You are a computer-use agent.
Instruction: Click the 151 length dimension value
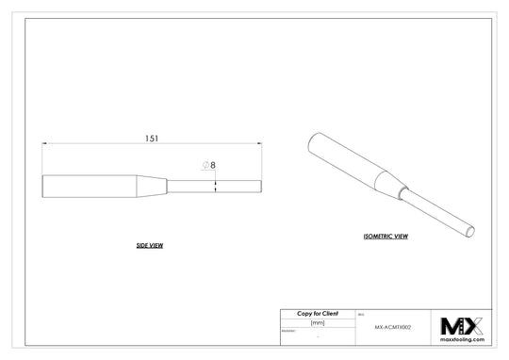(x=151, y=138)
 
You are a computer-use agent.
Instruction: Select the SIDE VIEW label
(x=150, y=245)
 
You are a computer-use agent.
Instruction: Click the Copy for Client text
(x=317, y=313)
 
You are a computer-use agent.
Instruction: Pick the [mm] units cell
(x=317, y=322)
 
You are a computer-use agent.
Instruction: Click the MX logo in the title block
(x=462, y=325)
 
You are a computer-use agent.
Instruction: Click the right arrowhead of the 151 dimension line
(x=258, y=144)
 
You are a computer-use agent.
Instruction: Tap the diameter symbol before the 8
(x=205, y=165)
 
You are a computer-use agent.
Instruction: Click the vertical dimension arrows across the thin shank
(x=216, y=184)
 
